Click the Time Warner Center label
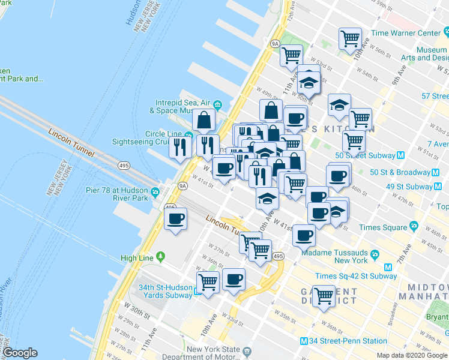click(x=406, y=33)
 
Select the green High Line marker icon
click(x=160, y=257)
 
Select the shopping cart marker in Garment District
click(x=324, y=295)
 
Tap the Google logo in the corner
click(x=20, y=353)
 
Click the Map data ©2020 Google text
click(x=411, y=355)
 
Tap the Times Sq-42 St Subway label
click(x=352, y=275)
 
